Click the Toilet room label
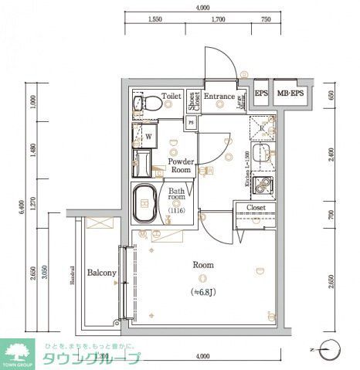(x=172, y=97)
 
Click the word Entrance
(x=219, y=97)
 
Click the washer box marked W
(x=148, y=136)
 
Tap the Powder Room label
(x=182, y=165)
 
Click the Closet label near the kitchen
(x=256, y=208)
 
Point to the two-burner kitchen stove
(x=263, y=185)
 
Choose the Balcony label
(x=101, y=273)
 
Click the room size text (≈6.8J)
(x=203, y=291)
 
